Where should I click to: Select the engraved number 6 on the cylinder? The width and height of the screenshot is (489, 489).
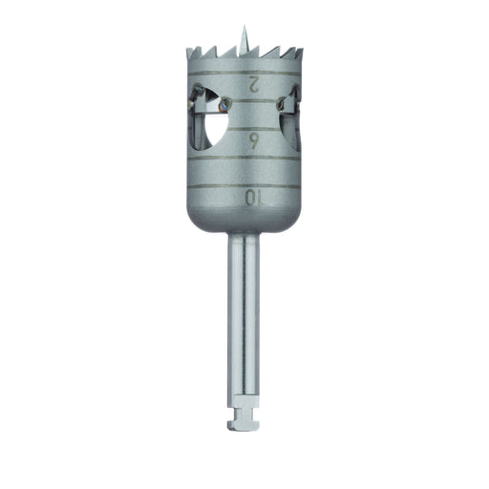click(x=252, y=141)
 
